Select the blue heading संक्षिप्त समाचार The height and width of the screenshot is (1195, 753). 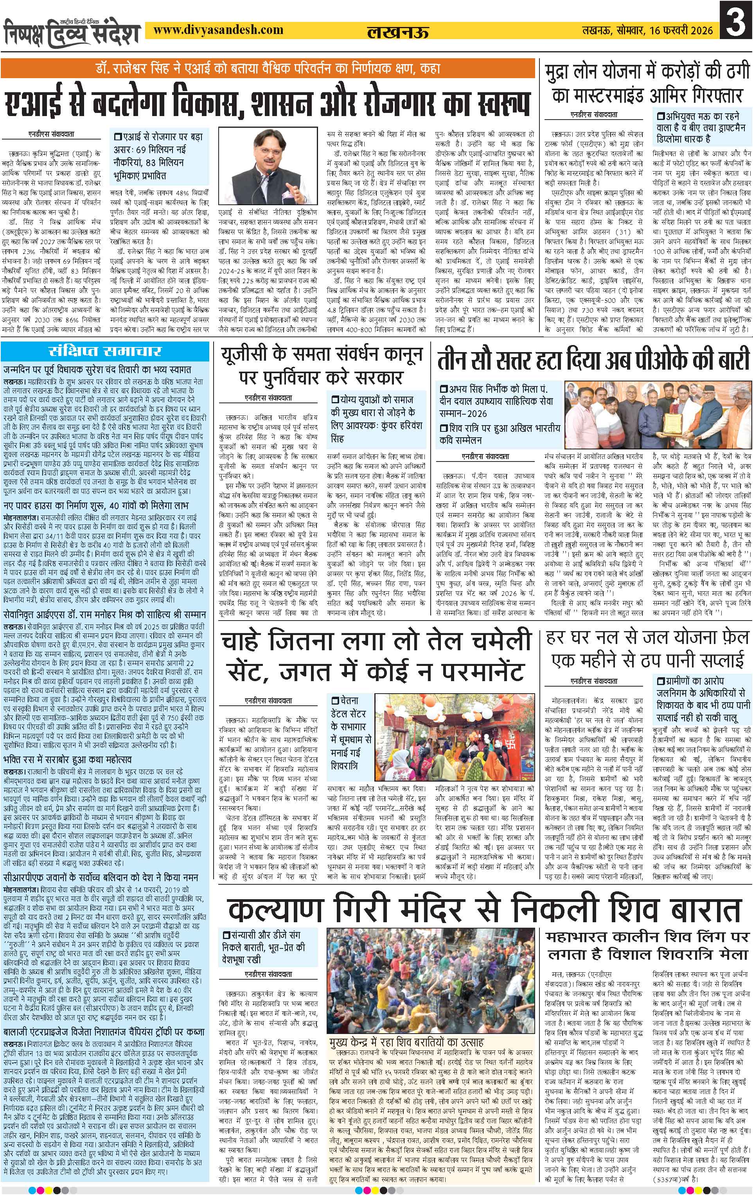(x=104, y=352)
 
